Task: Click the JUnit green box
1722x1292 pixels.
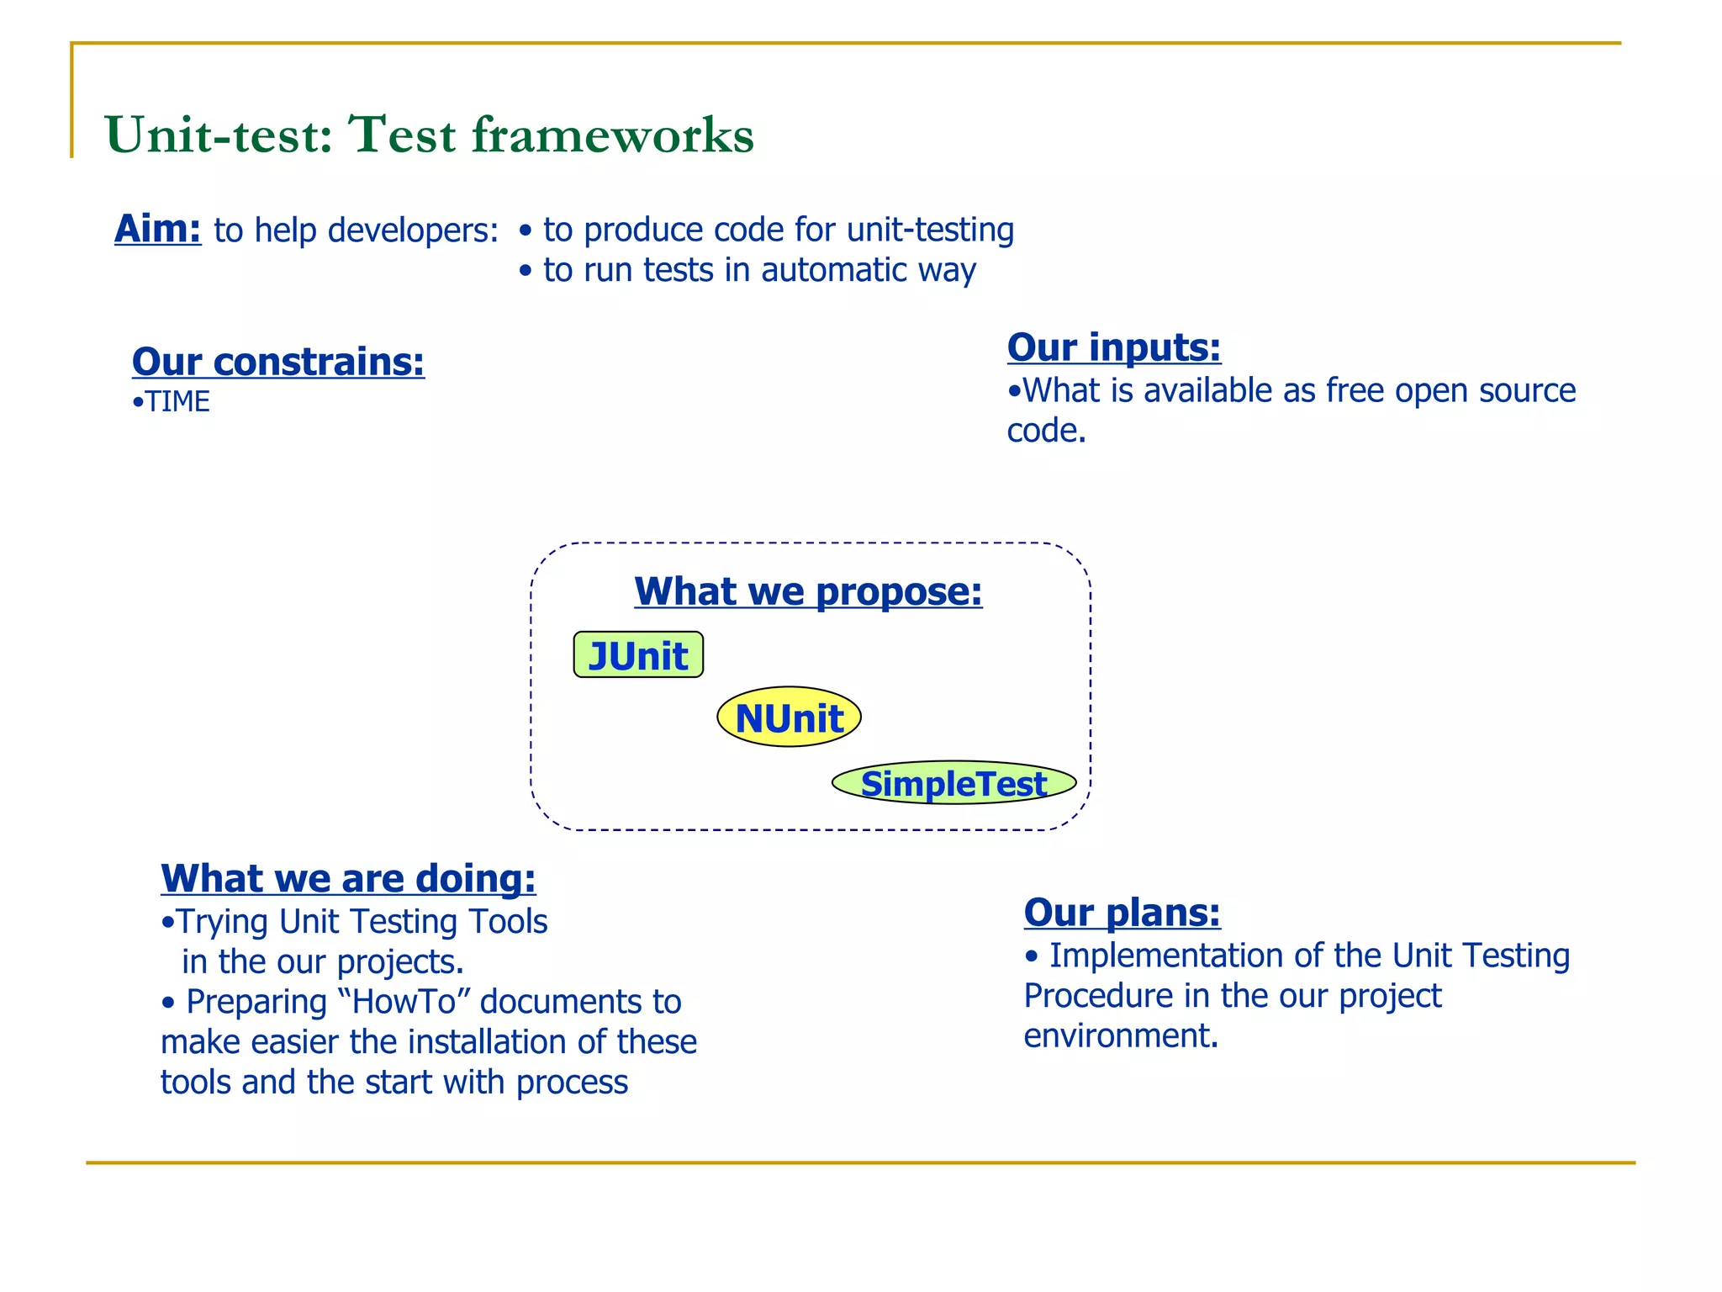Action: pos(638,655)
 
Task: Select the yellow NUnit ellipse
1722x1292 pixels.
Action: pos(789,717)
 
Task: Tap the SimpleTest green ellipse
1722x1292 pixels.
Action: pos(953,783)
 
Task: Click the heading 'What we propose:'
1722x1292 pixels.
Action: pos(808,591)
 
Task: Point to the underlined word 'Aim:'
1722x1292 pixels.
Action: pos(158,229)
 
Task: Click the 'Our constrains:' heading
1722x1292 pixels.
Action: pos(278,362)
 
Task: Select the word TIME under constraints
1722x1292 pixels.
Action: pos(177,402)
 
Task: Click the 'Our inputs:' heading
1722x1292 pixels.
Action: pos(1114,347)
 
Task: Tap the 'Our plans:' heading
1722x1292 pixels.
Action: pos(1122,912)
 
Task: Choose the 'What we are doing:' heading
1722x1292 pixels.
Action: pos(348,878)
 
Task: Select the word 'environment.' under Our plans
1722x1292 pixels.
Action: pos(1121,1035)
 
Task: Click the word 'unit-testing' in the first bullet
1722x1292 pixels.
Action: pos(930,230)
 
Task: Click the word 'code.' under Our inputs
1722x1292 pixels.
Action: pos(1047,431)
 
